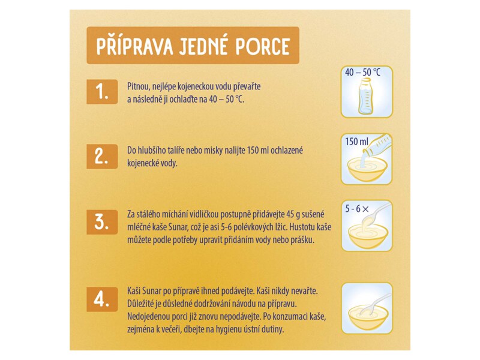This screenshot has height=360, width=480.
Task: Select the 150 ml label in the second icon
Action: pyautogui.click(x=356, y=142)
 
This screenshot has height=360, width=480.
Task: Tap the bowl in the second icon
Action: pyautogui.click(x=366, y=170)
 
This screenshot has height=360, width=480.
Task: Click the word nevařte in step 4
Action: pyautogui.click(x=303, y=290)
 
